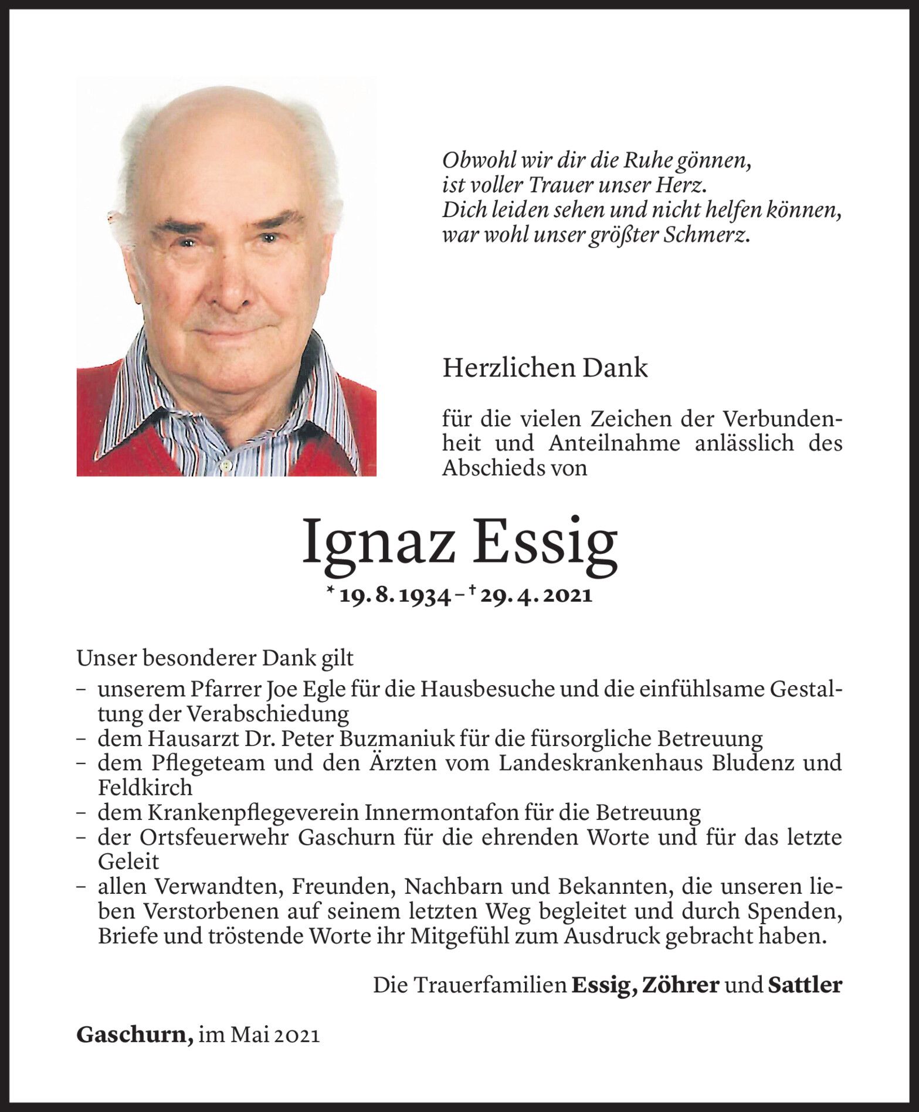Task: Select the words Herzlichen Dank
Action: pyautogui.click(x=545, y=368)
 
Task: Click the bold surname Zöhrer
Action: pyautogui.click(x=681, y=985)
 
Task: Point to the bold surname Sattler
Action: pyautogui.click(x=805, y=985)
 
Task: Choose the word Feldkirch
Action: pyautogui.click(x=145, y=786)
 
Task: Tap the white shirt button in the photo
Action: pyautogui.click(x=224, y=465)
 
